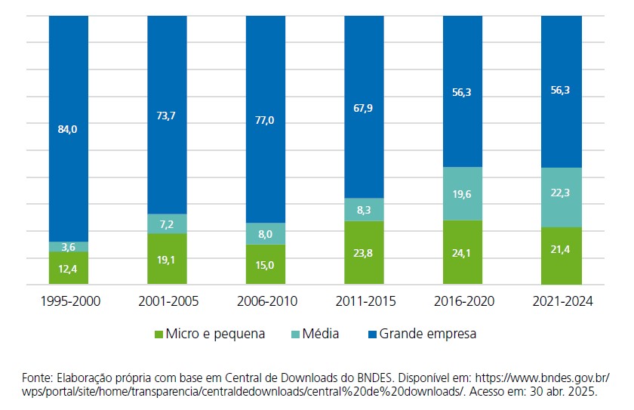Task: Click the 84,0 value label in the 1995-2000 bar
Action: (68, 129)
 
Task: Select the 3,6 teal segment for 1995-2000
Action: (68, 247)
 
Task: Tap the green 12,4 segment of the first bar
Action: (68, 270)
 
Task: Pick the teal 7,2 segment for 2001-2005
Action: (167, 224)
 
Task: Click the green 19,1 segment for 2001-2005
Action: (167, 259)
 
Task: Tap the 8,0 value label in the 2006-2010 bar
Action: (266, 234)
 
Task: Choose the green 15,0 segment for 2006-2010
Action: (266, 265)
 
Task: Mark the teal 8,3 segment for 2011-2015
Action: (364, 210)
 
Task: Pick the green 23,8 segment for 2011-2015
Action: (364, 254)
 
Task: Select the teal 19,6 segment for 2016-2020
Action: (462, 193)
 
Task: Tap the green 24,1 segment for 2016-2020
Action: (462, 253)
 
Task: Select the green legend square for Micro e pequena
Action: (158, 334)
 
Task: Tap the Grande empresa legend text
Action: (428, 334)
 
